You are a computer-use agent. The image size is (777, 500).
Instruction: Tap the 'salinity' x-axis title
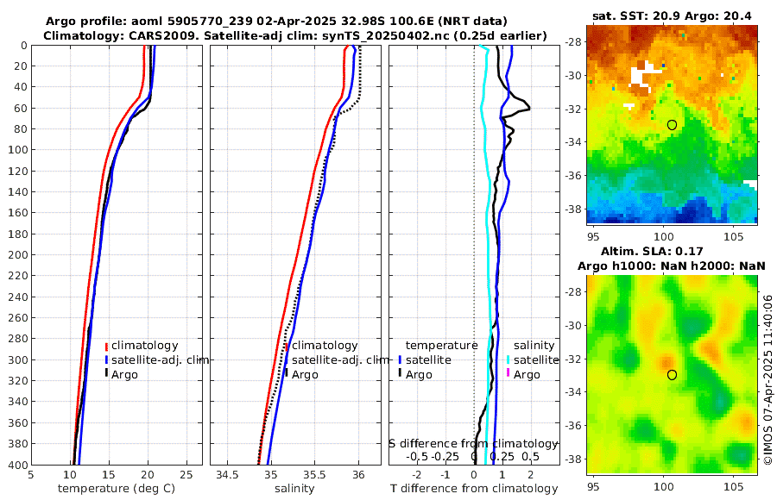click(294, 489)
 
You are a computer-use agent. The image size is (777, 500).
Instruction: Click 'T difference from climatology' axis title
click(475, 489)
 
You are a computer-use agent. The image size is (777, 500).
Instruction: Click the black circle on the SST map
click(672, 125)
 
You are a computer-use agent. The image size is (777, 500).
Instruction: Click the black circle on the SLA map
click(672, 374)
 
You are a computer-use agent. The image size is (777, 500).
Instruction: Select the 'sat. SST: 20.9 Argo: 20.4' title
click(672, 16)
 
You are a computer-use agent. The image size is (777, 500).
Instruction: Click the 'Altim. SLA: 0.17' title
click(672, 252)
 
